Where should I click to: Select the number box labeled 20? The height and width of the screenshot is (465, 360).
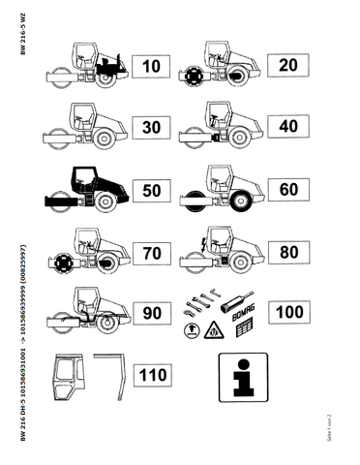tap(285, 66)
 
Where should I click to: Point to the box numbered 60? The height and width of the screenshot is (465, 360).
tap(285, 190)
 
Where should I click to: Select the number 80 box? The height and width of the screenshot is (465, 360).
tap(285, 253)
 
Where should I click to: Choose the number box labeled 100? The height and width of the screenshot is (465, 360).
tap(285, 314)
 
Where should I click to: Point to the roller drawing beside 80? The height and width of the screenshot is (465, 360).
tap(222, 251)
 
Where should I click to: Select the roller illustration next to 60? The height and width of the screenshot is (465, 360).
tap(222, 189)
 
